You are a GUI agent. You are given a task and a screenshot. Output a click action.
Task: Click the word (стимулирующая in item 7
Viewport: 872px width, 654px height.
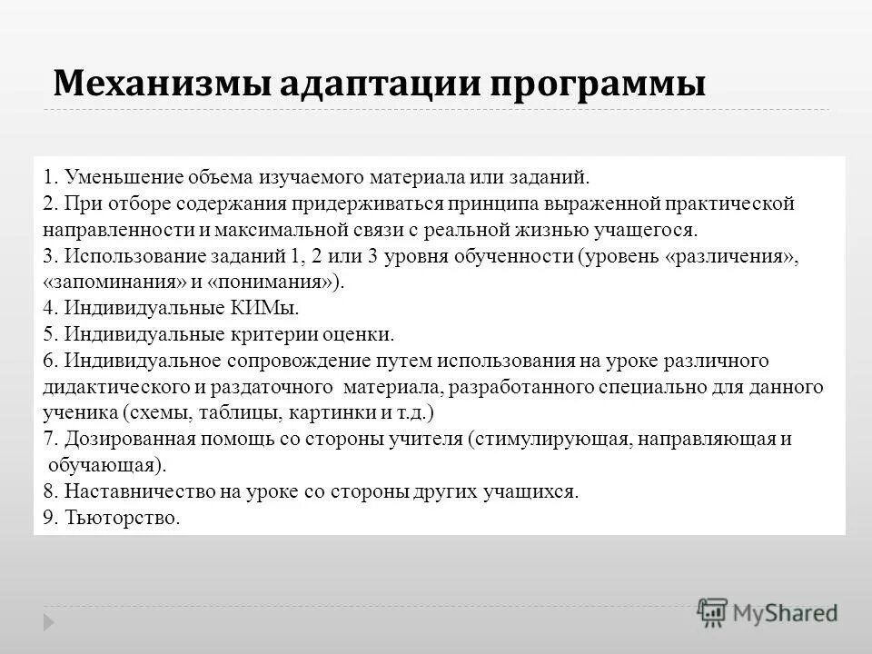pyautogui.click(x=550, y=440)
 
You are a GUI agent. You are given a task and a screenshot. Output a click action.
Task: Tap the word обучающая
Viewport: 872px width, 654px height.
pyautogui.click(x=106, y=466)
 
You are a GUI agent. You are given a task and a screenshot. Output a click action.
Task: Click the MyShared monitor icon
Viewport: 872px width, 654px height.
pyautogui.click(x=713, y=610)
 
